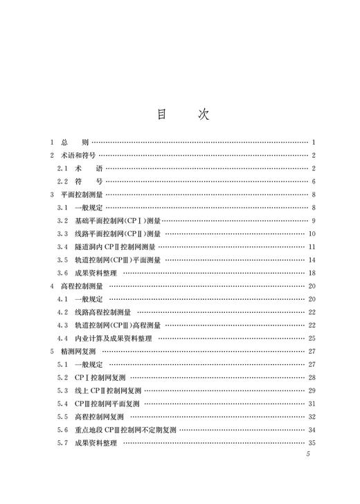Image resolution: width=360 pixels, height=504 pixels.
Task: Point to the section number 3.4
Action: tap(62, 246)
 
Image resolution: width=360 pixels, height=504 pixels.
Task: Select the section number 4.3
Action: tap(62, 325)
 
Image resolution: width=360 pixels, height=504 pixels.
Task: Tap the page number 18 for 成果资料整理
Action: tap(312, 272)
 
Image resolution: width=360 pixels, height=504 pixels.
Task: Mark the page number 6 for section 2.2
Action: tap(314, 181)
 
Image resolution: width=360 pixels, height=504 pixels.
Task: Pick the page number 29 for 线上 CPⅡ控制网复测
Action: tap(312, 390)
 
